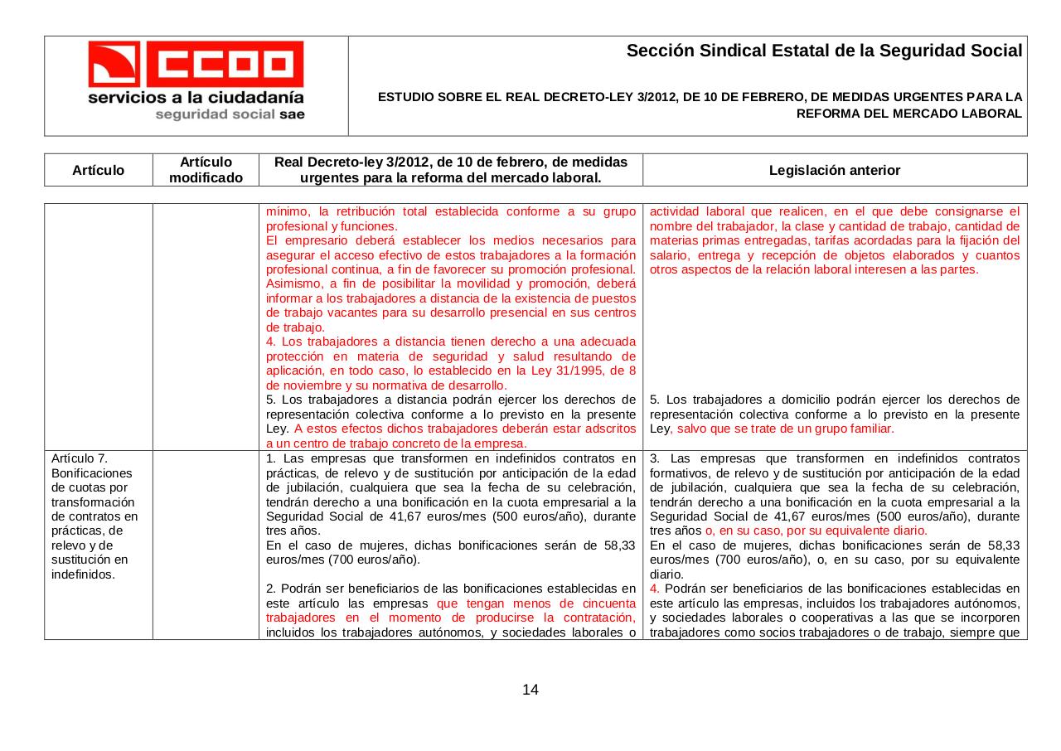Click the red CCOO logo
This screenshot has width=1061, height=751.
pyautogui.click(x=196, y=64)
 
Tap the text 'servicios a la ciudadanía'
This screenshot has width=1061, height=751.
pyautogui.click(x=196, y=97)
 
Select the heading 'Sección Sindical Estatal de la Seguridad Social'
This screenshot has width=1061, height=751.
pyautogui.click(x=824, y=51)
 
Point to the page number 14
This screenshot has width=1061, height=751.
pyautogui.click(x=530, y=690)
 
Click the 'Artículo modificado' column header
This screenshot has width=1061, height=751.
pyautogui.click(x=206, y=170)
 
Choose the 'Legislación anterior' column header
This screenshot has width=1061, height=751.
pyautogui.click(x=834, y=170)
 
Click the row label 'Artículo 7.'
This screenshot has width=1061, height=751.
pyautogui.click(x=80, y=458)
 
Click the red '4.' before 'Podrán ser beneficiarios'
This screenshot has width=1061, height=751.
pyautogui.click(x=655, y=589)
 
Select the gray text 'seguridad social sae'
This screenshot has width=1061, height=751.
pyautogui.click(x=230, y=114)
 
